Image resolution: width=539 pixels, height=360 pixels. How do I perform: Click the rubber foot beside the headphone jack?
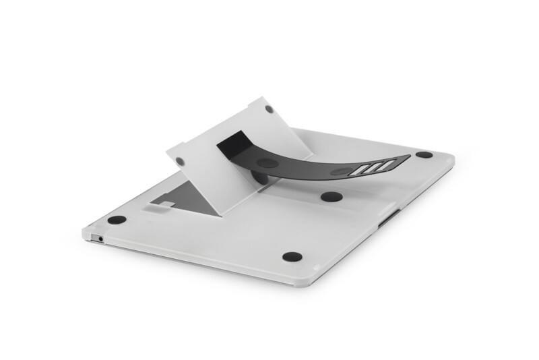(x=117, y=220)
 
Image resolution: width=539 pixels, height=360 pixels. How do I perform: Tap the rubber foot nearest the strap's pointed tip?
(x=424, y=154)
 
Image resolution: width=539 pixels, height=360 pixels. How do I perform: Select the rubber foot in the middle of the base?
(x=331, y=197)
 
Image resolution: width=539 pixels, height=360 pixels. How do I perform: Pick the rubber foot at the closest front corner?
(x=292, y=257)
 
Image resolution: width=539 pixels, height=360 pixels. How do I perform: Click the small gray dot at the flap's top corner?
(x=269, y=109)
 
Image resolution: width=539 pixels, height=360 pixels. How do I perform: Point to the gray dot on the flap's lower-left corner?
(x=180, y=162)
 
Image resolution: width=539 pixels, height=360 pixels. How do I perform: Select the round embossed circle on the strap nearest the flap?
(x=267, y=162)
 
